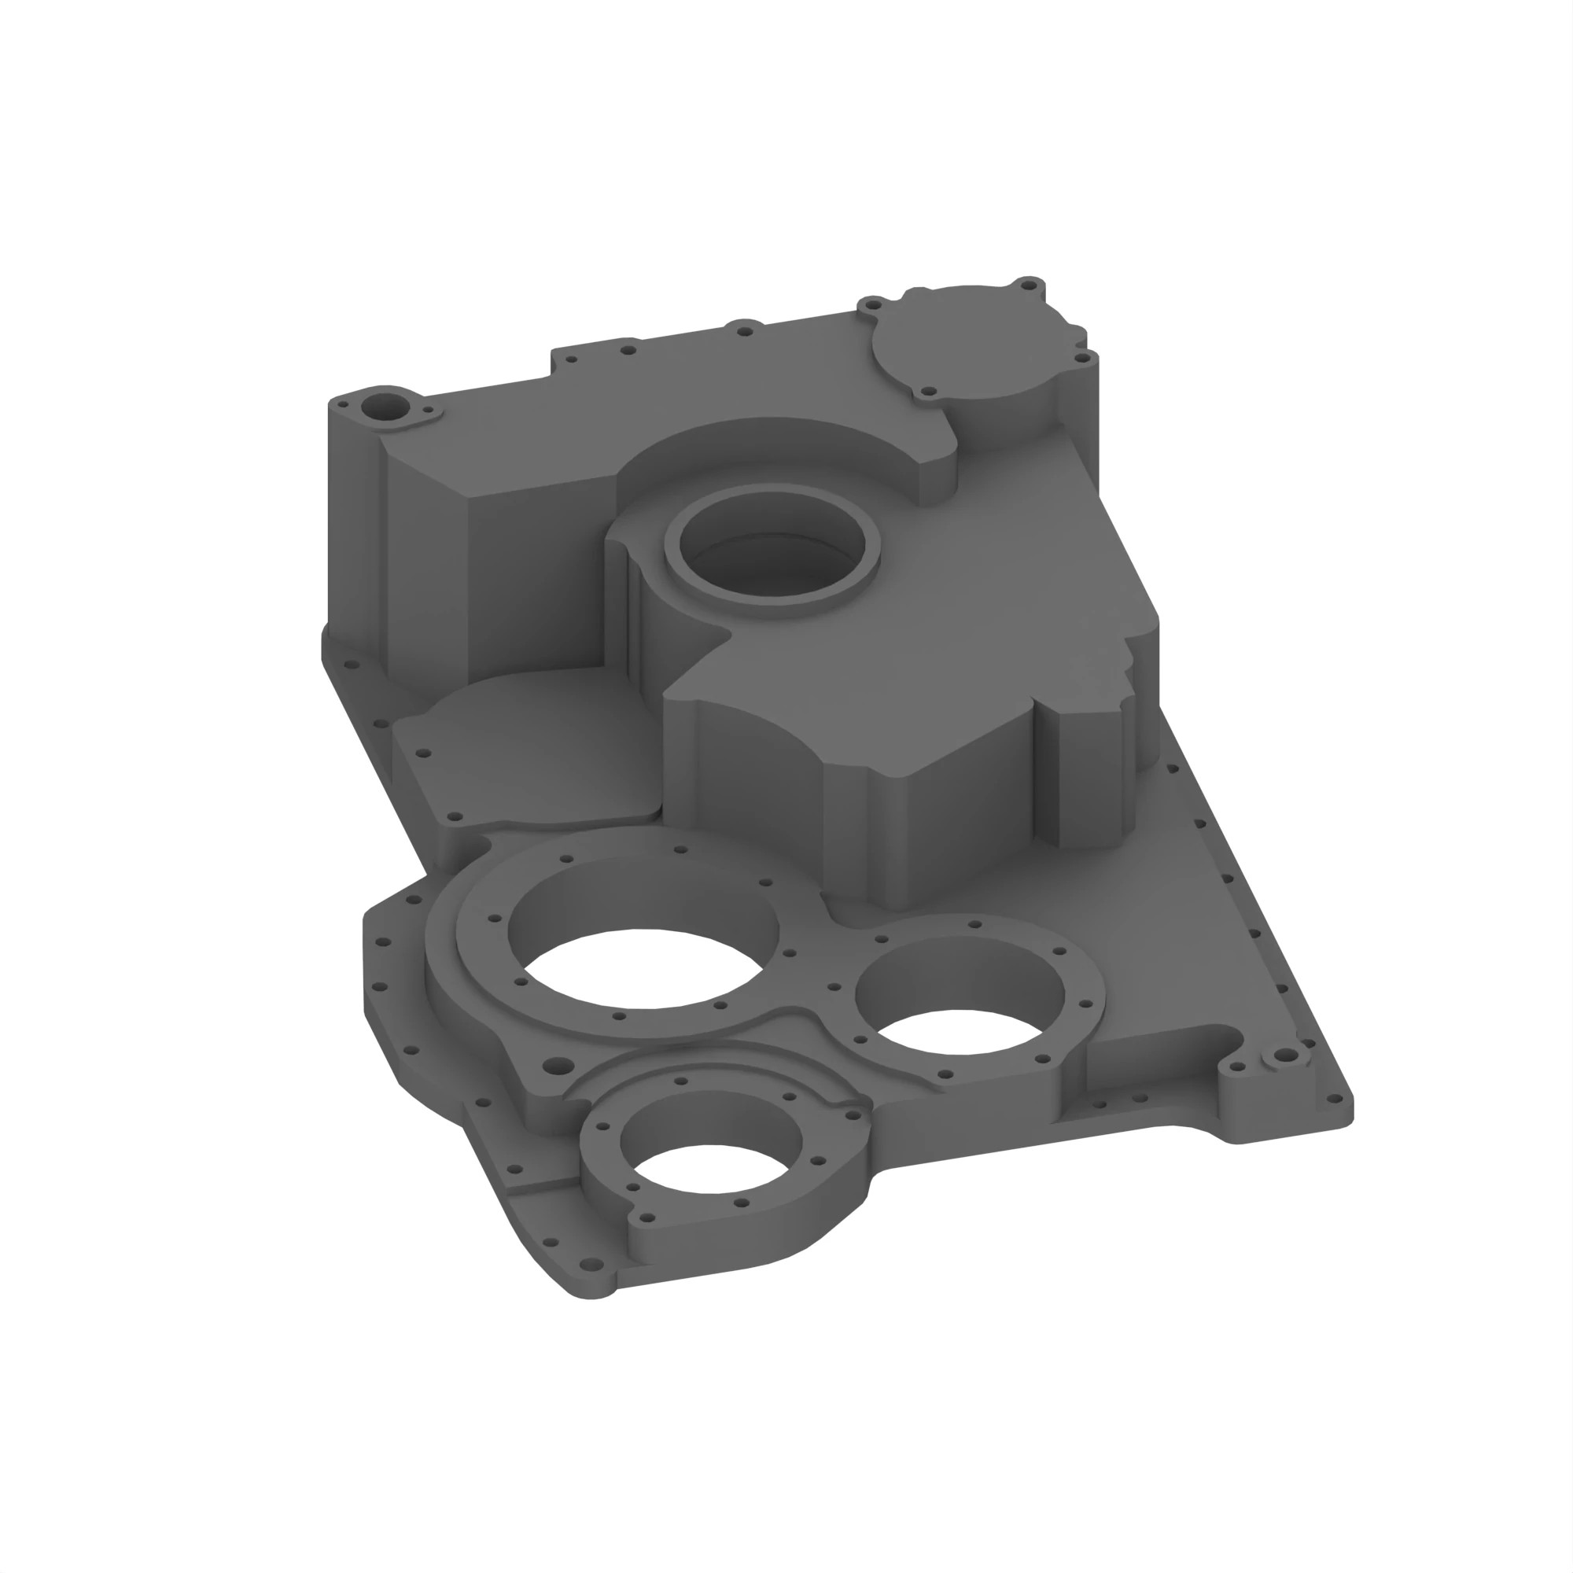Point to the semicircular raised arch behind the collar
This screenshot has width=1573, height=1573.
pyautogui.click(x=782, y=448)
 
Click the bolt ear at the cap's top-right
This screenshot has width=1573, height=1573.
pyautogui.click(x=1028, y=285)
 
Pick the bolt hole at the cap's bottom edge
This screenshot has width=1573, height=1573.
pyautogui.click(x=926, y=392)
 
